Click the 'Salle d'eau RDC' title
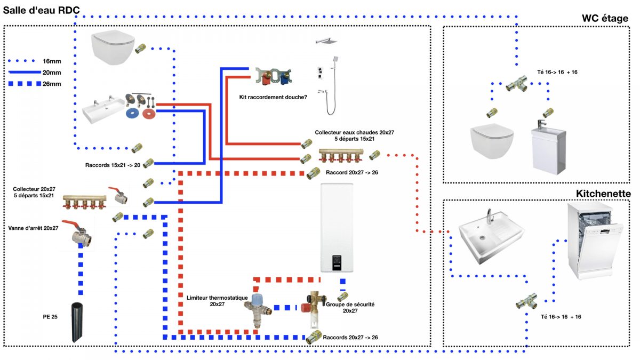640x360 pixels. point(42,10)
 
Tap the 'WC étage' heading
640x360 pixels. point(605,19)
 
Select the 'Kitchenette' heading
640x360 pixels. point(603,194)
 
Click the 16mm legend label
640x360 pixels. point(52,61)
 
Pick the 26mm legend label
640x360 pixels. point(52,84)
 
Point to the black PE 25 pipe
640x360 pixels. point(77,322)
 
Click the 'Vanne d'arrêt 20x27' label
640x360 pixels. point(33,228)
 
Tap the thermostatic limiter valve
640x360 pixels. point(258,310)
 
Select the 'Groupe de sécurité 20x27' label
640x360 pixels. point(350,307)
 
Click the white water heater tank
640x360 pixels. point(337,227)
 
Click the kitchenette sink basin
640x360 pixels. point(491,238)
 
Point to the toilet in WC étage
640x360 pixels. point(492,141)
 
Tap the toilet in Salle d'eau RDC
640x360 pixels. point(113,47)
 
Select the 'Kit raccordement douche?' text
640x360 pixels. point(273,97)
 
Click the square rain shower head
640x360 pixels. point(326,41)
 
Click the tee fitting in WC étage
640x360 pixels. point(517,83)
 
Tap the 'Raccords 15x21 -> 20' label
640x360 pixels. point(113,165)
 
